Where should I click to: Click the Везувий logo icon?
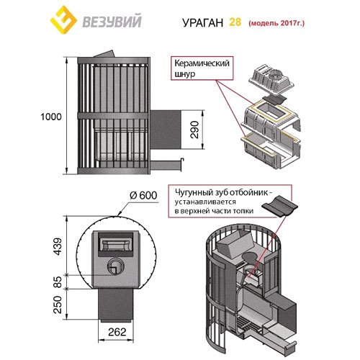65,22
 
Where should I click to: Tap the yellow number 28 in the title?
235,22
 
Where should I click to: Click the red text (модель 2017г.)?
276,22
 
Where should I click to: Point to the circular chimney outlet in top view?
114,268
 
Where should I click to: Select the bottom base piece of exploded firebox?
268,148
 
